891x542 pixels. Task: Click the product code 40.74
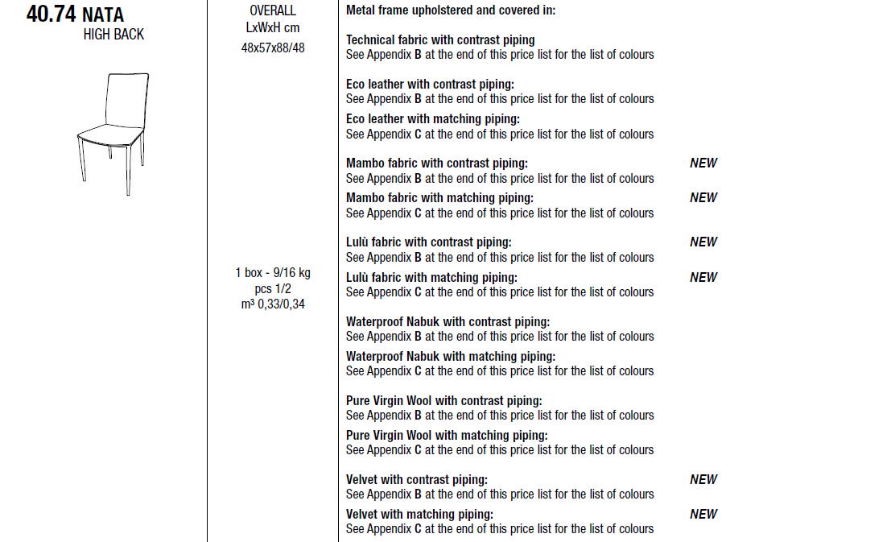(51, 14)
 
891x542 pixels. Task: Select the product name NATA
(103, 15)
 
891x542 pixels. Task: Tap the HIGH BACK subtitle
(113, 35)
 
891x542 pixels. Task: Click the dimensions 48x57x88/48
(273, 48)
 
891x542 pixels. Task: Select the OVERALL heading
(273, 10)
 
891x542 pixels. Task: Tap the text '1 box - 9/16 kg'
(273, 273)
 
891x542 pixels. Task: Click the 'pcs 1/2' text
(273, 288)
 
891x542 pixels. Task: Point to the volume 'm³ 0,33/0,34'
(273, 304)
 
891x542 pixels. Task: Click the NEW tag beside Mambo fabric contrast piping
(703, 163)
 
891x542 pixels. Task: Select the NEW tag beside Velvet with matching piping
(703, 514)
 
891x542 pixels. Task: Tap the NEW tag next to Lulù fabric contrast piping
(703, 242)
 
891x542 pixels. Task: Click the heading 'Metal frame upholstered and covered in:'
(451, 10)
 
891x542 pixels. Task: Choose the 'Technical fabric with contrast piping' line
(440, 39)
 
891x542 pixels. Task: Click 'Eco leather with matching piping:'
(433, 119)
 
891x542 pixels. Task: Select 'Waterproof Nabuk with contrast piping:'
(448, 321)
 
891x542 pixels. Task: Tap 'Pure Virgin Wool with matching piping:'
(447, 436)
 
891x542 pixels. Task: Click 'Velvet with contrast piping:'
(417, 479)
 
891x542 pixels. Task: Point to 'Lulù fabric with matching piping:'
(431, 277)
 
